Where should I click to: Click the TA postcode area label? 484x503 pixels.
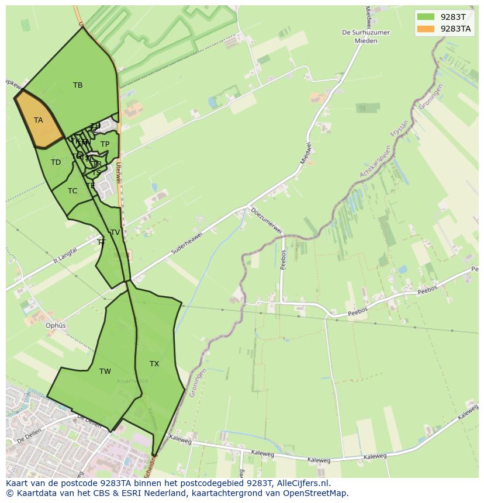click(x=39, y=120)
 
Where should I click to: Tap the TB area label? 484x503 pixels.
click(x=78, y=85)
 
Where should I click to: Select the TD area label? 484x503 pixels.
click(x=56, y=162)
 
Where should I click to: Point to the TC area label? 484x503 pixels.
click(x=72, y=191)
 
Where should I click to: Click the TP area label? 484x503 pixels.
click(x=105, y=144)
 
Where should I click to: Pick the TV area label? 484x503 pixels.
click(x=115, y=233)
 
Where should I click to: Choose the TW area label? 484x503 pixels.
click(x=105, y=372)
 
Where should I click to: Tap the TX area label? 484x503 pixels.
click(x=154, y=364)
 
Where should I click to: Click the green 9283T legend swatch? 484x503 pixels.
click(x=426, y=16)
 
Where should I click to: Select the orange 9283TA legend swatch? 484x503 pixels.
click(x=426, y=28)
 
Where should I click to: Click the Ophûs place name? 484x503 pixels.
click(x=56, y=325)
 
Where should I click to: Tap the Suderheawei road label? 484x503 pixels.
click(x=188, y=241)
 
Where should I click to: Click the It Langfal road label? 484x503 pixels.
click(x=65, y=254)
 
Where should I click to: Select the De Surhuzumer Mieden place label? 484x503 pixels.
click(x=366, y=37)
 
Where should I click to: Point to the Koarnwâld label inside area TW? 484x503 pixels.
click(x=132, y=381)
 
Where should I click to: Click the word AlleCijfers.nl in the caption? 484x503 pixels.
click(x=302, y=483)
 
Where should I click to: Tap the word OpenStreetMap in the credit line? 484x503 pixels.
click(x=316, y=493)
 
